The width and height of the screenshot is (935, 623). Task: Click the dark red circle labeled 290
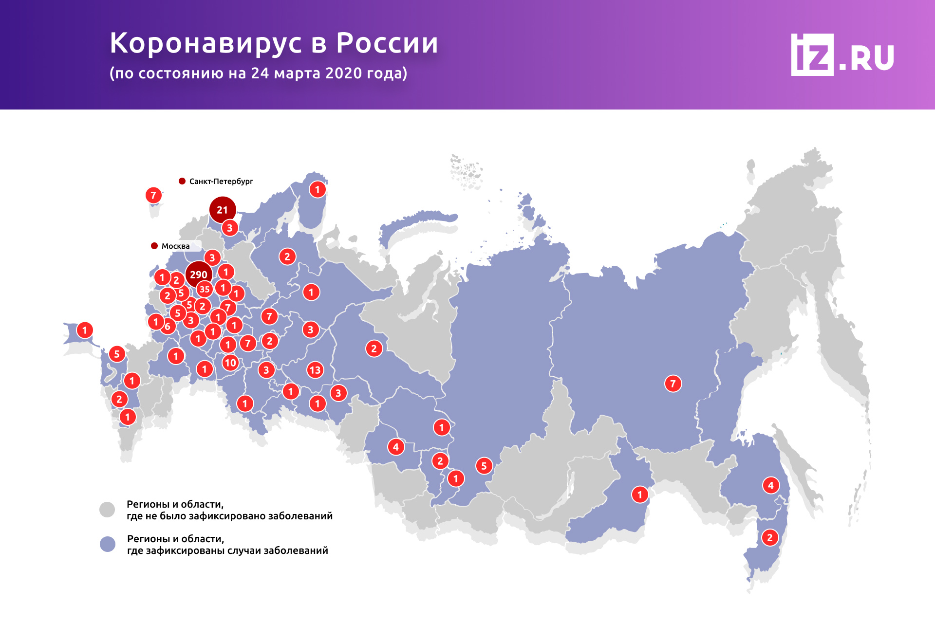[x=199, y=274]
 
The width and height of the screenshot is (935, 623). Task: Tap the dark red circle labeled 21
[x=223, y=210]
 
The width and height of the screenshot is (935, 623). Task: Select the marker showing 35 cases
[x=205, y=289]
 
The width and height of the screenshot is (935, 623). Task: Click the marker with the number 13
[x=315, y=370]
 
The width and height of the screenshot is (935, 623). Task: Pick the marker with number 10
[x=230, y=363]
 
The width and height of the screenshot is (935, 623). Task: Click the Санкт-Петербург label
[x=221, y=181]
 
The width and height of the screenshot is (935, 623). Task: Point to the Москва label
[x=175, y=246]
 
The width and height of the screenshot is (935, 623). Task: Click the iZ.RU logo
[x=842, y=55]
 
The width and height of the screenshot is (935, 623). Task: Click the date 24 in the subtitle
[x=260, y=73]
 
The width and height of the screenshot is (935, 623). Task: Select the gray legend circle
[x=107, y=510]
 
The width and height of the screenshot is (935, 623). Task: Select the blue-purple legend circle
[x=108, y=544]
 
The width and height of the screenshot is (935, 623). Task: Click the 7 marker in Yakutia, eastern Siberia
[x=673, y=384]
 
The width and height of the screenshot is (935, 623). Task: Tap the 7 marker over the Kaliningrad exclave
[x=153, y=195]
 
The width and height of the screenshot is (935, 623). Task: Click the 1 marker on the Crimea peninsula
[x=85, y=330]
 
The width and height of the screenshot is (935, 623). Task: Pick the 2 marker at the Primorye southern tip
[x=770, y=537]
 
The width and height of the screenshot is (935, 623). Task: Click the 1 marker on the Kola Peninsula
[x=318, y=189]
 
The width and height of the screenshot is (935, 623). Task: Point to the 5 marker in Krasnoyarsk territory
[x=484, y=466]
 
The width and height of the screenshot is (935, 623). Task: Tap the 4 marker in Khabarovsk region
[x=770, y=485]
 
